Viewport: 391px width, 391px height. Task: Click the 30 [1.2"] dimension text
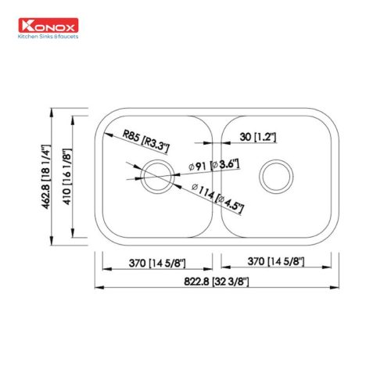point(255,138)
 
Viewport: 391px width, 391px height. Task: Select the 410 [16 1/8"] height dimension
point(68,176)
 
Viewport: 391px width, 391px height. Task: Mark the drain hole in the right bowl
point(276,176)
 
